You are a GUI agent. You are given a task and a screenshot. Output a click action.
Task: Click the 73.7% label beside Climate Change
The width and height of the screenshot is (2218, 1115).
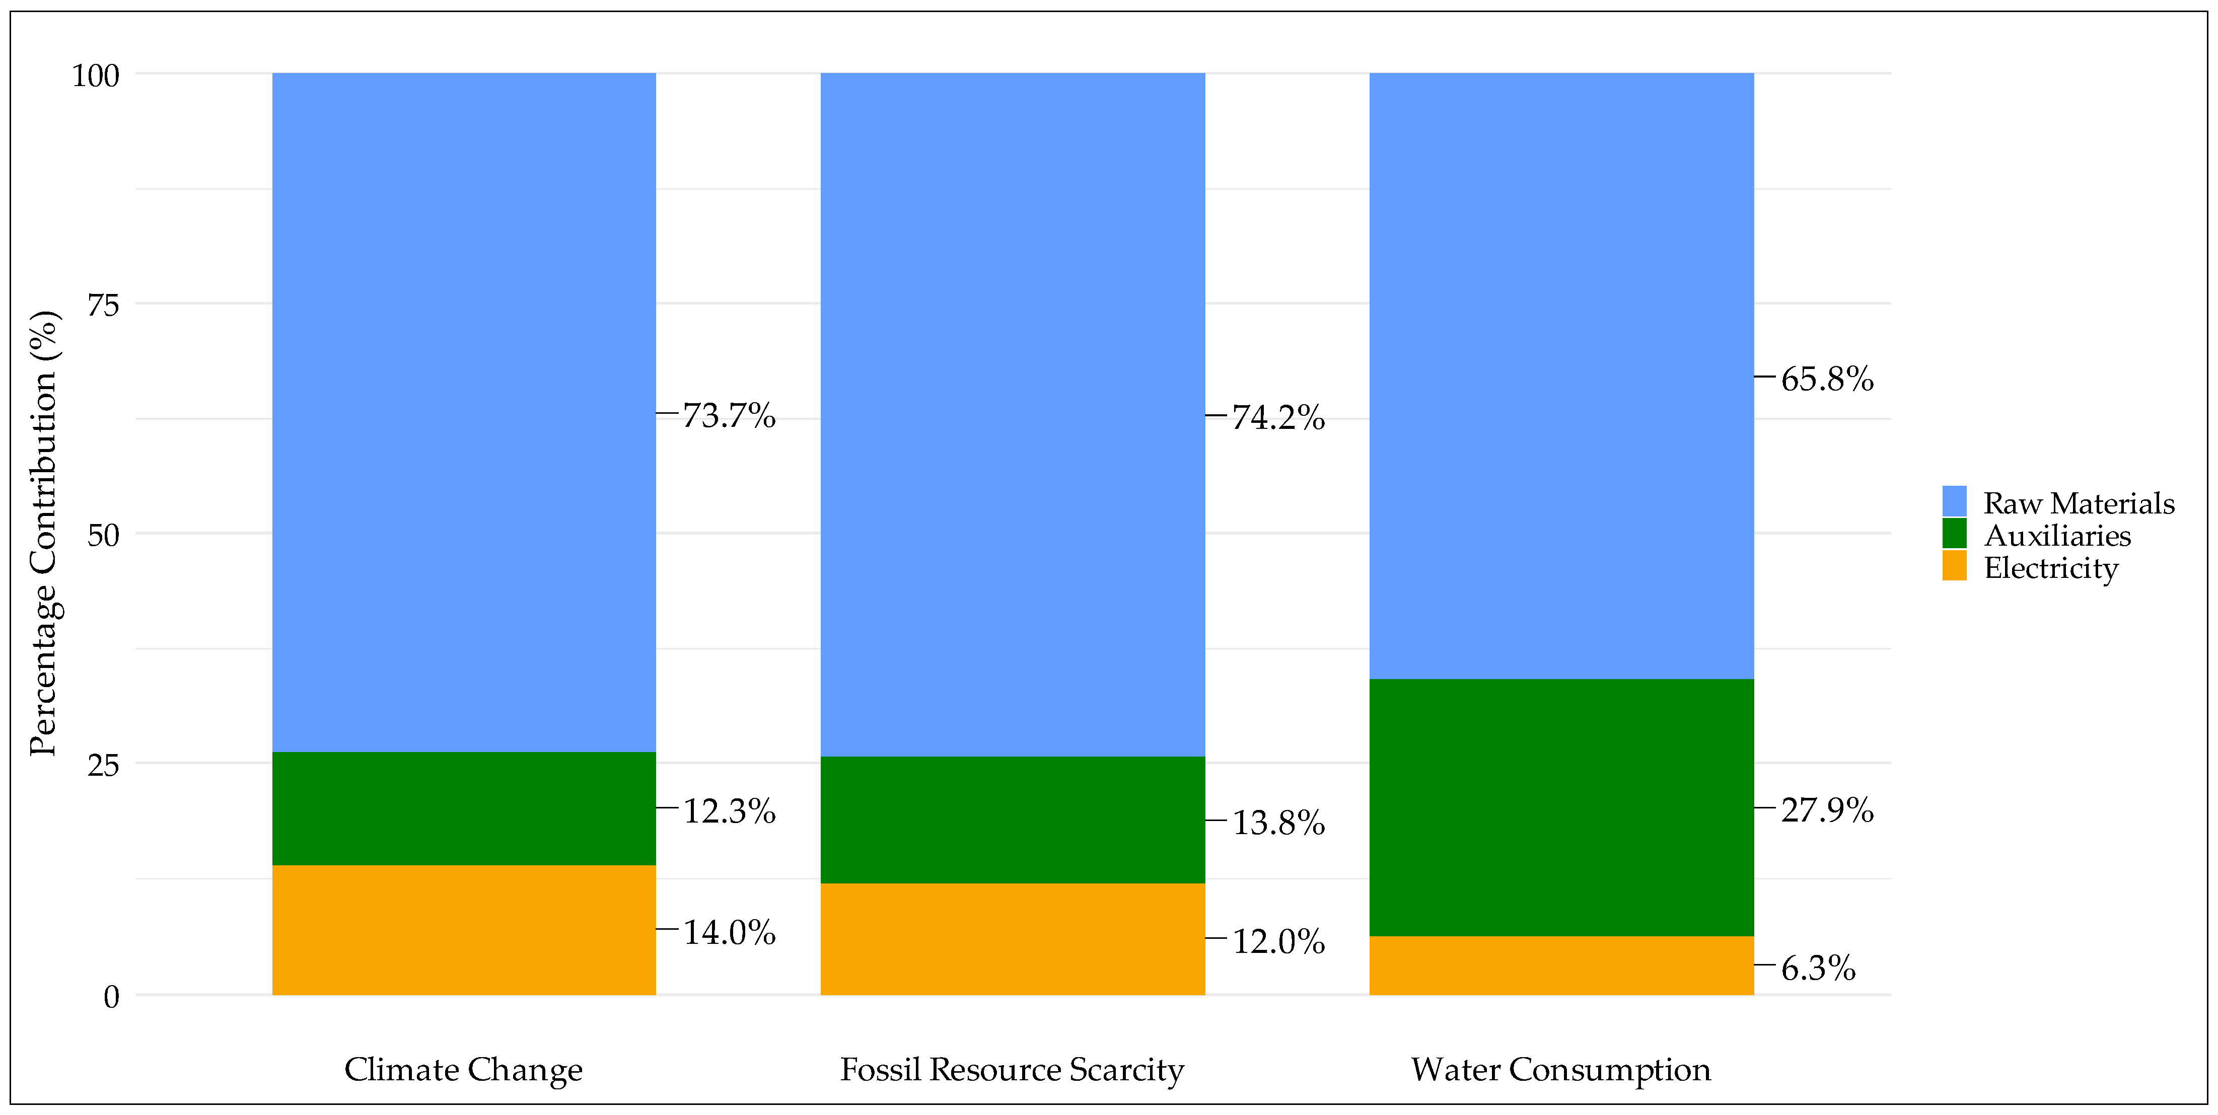click(x=729, y=416)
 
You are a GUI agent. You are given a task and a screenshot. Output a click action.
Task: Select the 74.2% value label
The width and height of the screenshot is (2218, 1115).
click(x=1278, y=418)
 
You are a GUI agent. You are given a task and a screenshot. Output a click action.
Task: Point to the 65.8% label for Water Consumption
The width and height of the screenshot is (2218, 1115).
click(x=1826, y=379)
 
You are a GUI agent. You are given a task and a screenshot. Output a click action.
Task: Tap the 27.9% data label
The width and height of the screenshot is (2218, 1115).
click(x=1826, y=810)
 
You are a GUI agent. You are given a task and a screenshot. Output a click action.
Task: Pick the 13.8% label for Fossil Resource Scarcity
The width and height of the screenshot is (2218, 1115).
click(x=1278, y=823)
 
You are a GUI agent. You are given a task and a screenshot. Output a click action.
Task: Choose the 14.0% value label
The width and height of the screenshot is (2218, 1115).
click(x=729, y=932)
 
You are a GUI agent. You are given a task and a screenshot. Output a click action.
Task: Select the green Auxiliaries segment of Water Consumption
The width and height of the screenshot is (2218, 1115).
click(x=1561, y=807)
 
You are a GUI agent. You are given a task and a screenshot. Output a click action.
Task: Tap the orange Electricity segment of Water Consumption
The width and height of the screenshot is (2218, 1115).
click(x=1561, y=965)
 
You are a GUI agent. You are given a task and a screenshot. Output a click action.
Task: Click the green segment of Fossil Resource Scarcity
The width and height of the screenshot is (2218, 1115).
click(x=1013, y=820)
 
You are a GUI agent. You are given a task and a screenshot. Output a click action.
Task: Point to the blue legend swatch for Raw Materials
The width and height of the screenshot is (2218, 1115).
click(x=1954, y=501)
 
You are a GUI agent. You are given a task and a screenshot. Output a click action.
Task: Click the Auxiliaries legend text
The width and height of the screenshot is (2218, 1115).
click(x=2057, y=536)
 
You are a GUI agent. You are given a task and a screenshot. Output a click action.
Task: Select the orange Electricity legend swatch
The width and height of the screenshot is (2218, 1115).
click(x=1954, y=566)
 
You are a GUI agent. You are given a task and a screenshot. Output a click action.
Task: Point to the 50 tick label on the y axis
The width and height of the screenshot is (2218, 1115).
click(x=102, y=536)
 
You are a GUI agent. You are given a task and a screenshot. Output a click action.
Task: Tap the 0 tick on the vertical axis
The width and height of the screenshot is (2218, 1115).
click(x=111, y=997)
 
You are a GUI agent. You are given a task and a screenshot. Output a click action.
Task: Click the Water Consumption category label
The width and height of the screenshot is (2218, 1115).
click(x=1560, y=1069)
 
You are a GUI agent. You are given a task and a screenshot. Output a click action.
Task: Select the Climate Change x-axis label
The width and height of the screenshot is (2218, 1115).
click(x=463, y=1069)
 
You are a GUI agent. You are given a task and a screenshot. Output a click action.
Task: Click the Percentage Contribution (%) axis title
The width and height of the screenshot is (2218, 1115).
click(x=43, y=534)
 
